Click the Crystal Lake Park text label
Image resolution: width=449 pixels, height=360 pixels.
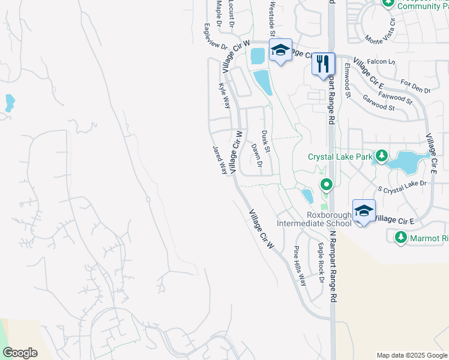pyautogui.click(x=340, y=157)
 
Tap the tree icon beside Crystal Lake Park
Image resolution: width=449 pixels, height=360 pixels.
pyautogui.click(x=381, y=157)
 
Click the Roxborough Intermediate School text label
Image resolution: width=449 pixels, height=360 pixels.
pyautogui.click(x=315, y=220)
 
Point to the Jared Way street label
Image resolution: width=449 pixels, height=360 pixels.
pyautogui.click(x=220, y=159)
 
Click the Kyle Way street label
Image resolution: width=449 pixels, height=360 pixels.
pyautogui.click(x=224, y=95)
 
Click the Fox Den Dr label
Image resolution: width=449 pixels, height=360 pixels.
pyautogui.click(x=415, y=86)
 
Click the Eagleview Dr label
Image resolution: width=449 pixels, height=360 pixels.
pyautogui.click(x=215, y=37)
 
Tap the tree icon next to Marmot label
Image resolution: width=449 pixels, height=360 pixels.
pyautogui.click(x=401, y=238)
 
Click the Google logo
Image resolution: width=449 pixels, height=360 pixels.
pyautogui.click(x=20, y=353)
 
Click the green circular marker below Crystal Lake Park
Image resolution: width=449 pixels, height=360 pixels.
pyautogui.click(x=326, y=184)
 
